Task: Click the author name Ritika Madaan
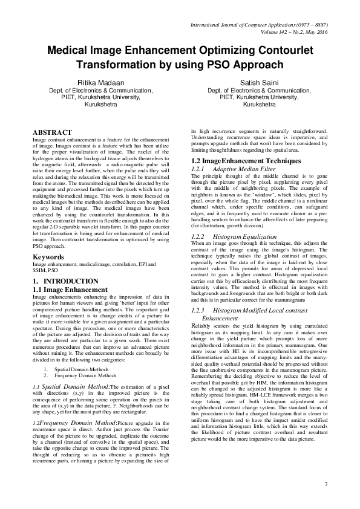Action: [100, 81]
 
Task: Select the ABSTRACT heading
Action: [52, 132]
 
